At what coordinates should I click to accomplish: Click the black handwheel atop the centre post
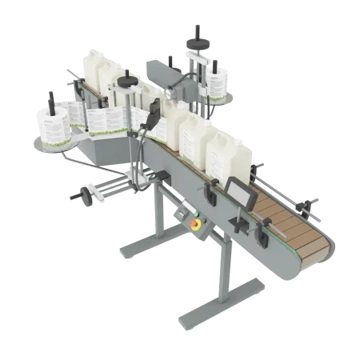128,80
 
